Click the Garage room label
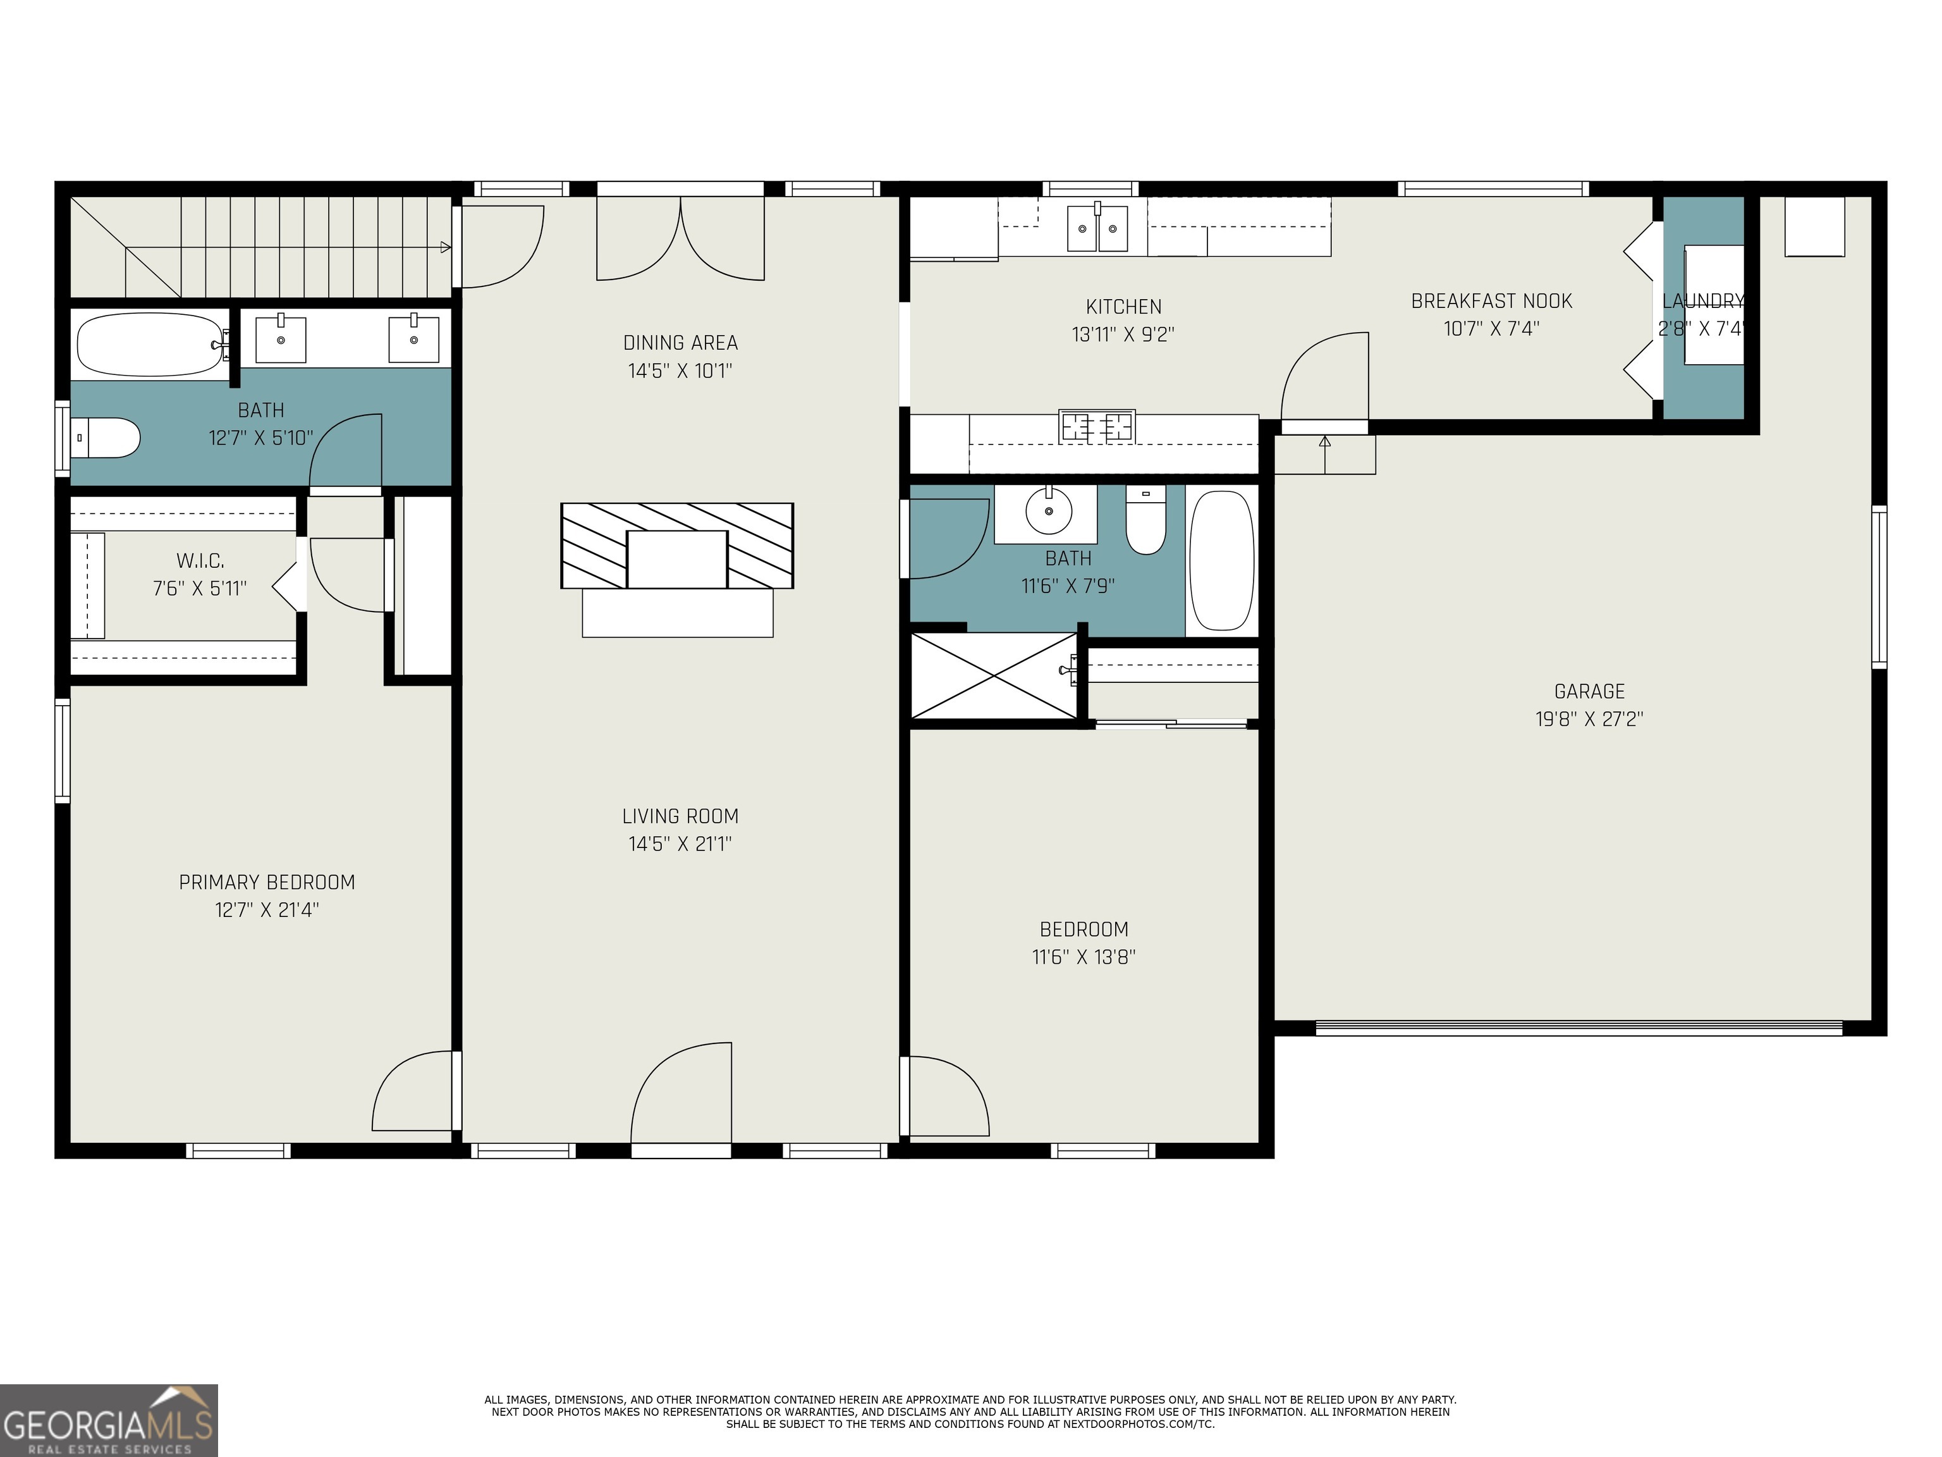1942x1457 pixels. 1589,691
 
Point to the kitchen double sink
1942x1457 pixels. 1097,228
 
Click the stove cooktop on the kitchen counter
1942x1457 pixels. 1097,427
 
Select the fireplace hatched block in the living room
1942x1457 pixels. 677,545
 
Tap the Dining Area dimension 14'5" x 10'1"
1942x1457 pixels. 680,371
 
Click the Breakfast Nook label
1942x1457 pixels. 1491,301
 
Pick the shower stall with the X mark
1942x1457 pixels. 994,675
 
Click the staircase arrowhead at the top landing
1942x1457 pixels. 445,248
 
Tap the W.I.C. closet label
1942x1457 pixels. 200,560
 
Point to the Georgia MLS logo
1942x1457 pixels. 109,1420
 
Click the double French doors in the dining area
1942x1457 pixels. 680,237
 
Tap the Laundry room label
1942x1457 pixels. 1702,301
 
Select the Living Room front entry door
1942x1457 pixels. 680,1098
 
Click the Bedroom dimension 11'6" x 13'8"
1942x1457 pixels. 1084,956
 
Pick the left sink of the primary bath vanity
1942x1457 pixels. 281,340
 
